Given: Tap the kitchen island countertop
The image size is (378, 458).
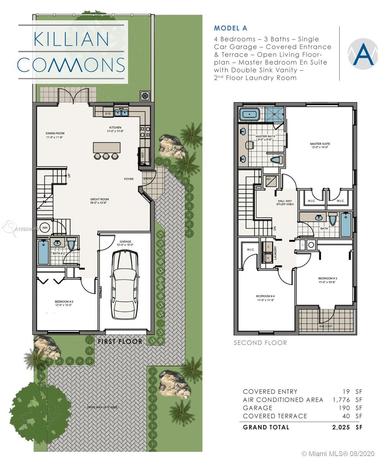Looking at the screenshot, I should (107, 147).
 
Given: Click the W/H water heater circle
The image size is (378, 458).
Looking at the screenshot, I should (45, 228).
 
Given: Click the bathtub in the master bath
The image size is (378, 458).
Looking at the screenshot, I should (249, 114).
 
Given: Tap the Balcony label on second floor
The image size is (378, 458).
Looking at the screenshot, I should (326, 326).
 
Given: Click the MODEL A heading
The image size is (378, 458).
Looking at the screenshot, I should (230, 28).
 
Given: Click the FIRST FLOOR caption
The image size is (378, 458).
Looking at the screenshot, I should (120, 342).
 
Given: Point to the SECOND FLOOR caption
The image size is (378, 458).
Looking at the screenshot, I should (260, 343).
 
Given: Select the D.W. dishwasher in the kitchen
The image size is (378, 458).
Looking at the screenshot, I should (108, 113).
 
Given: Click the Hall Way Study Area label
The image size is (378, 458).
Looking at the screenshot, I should (285, 202).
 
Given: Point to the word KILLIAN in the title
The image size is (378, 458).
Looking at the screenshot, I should (71, 39).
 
